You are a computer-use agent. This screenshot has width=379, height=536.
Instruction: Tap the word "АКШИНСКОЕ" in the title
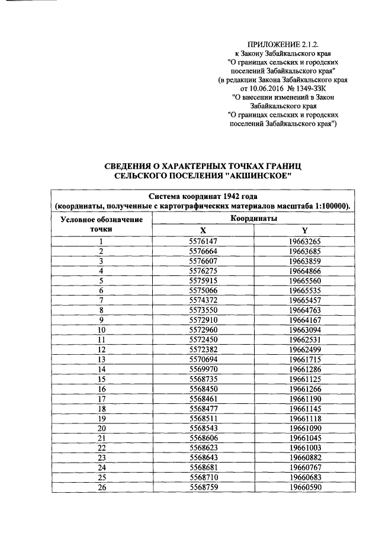point(261,176)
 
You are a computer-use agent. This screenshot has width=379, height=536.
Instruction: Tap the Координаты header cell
point(254,219)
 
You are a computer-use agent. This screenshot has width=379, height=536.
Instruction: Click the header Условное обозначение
point(102,220)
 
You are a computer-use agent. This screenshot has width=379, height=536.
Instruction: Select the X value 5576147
point(203,241)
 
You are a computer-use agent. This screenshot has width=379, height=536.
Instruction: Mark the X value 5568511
point(203,417)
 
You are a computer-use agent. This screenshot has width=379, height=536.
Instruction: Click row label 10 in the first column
point(101,329)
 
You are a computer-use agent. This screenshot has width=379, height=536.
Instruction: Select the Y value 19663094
point(304,329)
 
